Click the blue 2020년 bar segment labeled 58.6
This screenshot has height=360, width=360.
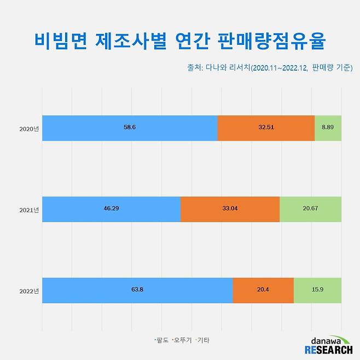(x=130, y=128)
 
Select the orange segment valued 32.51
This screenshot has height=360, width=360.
(x=266, y=128)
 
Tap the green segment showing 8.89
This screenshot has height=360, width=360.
(x=328, y=128)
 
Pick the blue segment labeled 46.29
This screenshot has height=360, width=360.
(x=111, y=209)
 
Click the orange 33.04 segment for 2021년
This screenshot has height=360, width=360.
(x=230, y=209)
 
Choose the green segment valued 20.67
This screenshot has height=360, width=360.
(x=310, y=209)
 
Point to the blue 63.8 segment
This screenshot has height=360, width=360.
(x=137, y=289)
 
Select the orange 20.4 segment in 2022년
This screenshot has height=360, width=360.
(x=263, y=289)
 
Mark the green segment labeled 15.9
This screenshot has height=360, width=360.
(x=317, y=289)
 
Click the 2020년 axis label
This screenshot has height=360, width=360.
(x=28, y=129)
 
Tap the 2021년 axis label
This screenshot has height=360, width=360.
(x=28, y=210)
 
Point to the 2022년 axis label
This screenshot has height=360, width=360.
(x=28, y=290)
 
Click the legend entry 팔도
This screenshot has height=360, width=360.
(x=162, y=340)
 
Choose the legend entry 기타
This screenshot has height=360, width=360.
(x=203, y=340)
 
